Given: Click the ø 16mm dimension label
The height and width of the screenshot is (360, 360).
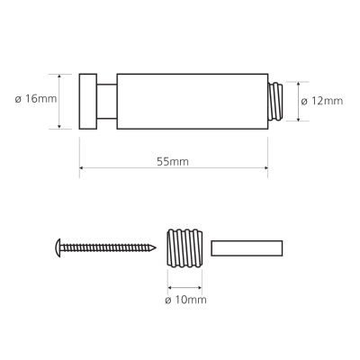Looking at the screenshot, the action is pyautogui.click(x=36, y=99).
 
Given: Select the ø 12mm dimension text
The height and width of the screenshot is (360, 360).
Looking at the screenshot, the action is pyautogui.click(x=322, y=101).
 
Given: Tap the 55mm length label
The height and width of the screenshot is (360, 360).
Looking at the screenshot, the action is pyautogui.click(x=173, y=162).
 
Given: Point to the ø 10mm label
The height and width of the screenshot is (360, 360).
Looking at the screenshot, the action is pyautogui.click(x=185, y=300).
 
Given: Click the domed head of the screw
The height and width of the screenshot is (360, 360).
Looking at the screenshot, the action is pyautogui.click(x=58, y=248).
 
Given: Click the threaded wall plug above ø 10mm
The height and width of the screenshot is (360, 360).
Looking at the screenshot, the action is pyautogui.click(x=184, y=248).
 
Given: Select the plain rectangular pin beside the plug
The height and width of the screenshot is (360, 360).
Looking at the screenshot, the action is pyautogui.click(x=247, y=248).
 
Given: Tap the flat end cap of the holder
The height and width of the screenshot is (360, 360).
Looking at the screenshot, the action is pyautogui.click(x=88, y=102).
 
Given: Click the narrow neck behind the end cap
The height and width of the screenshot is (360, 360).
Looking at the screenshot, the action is pyautogui.click(x=107, y=102).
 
